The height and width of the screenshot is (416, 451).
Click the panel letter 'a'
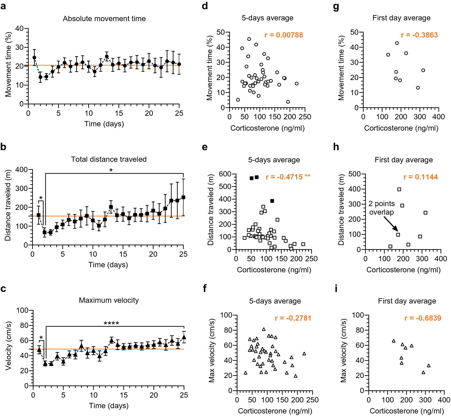(3, 6)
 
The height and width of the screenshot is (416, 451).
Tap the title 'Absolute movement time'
(104, 19)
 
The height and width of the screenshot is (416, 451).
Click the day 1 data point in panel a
(34, 58)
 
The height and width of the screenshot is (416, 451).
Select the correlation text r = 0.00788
(284, 35)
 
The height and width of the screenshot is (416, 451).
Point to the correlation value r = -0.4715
(284, 177)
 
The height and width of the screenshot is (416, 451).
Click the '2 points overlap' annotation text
(381, 208)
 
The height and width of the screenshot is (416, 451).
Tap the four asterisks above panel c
(111, 323)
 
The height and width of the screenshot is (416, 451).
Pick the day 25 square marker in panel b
(183, 197)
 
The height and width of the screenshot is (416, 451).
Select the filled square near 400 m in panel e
(272, 201)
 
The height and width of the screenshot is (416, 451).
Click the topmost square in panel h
(399, 189)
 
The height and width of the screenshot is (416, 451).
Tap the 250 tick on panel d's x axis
(305, 117)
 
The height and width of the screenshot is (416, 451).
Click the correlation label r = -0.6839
(423, 318)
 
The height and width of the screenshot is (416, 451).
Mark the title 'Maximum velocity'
(109, 300)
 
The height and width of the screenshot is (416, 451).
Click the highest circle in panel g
(397, 43)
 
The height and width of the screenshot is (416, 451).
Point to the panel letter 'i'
(336, 289)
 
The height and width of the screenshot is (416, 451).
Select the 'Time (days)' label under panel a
(104, 124)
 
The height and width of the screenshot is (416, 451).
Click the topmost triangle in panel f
(264, 329)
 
